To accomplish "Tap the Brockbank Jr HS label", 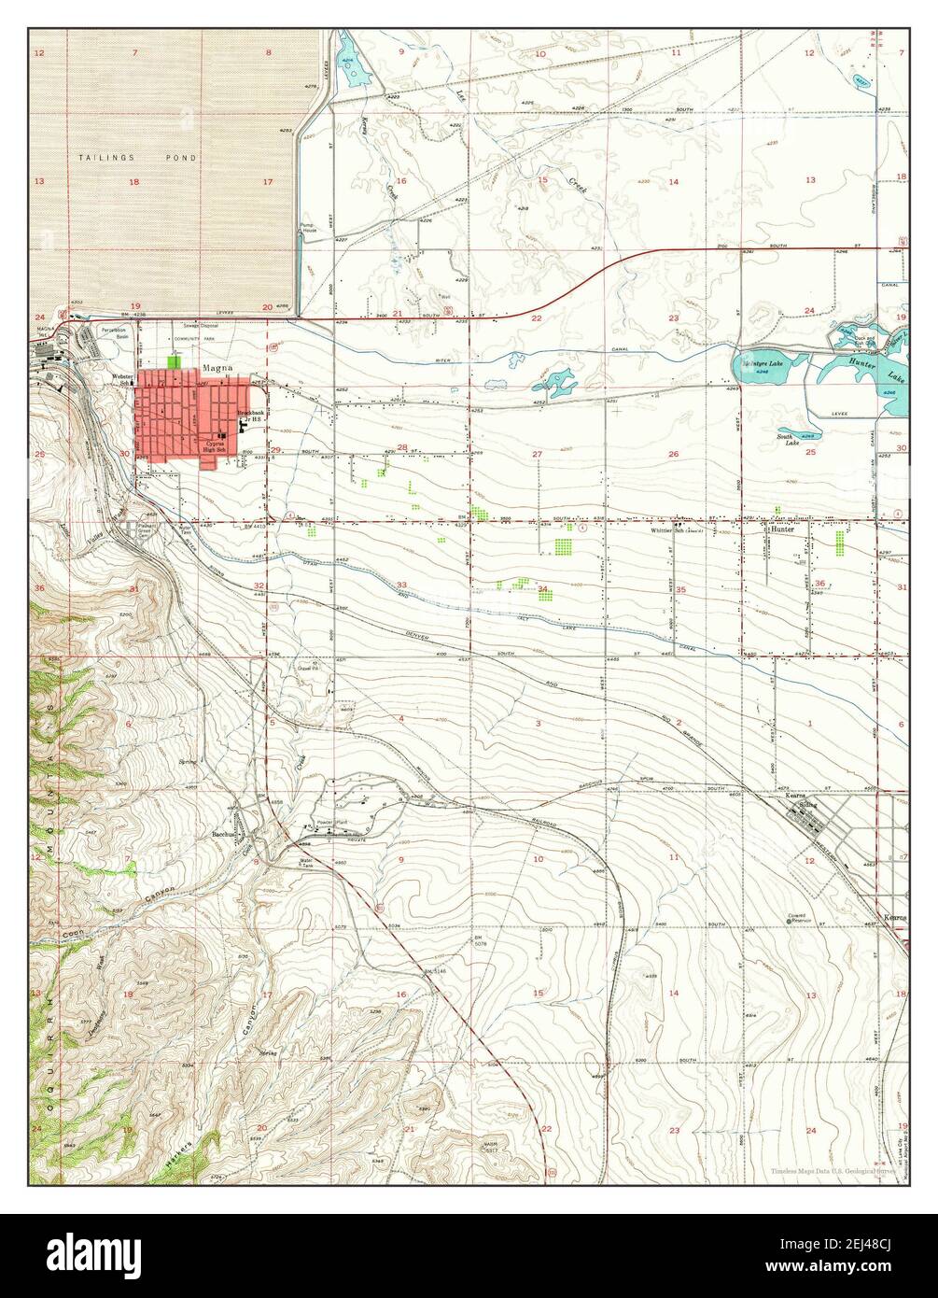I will point(250,416).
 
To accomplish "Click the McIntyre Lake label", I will point(761,361).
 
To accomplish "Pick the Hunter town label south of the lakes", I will point(781,529).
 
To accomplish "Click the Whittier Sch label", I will point(671,530).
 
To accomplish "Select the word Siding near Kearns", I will point(806,804).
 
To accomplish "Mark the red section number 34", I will point(543,588).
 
